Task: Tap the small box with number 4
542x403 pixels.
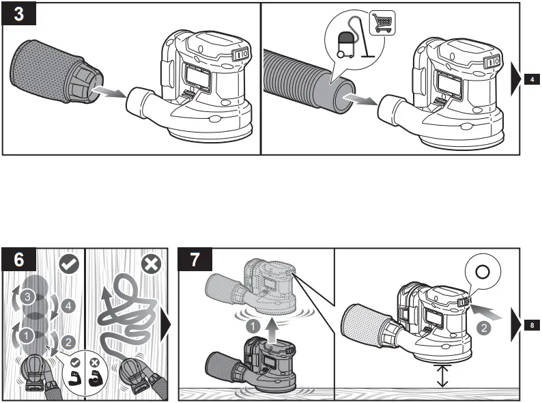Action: pos(532,81)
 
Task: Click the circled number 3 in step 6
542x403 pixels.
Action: pos(25,297)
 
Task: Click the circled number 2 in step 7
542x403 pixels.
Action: pos(482,326)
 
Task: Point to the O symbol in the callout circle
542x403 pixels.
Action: pos(481,271)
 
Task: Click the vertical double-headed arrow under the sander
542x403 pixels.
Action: pos(442,375)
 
